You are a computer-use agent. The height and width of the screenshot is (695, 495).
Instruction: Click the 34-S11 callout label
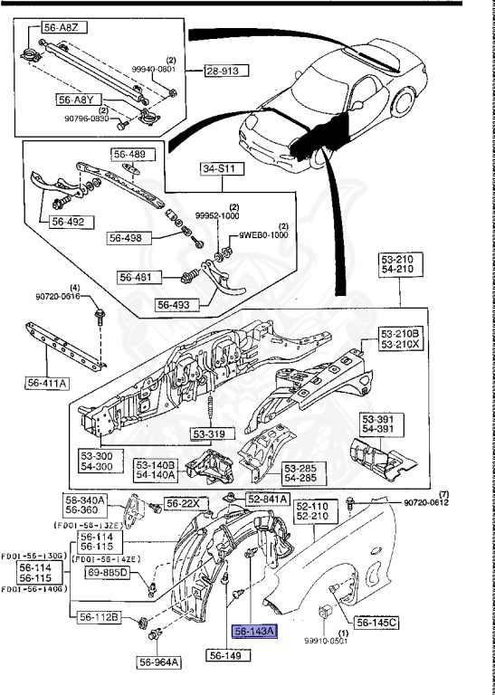(220, 168)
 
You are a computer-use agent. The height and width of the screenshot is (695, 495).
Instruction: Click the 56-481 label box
(139, 276)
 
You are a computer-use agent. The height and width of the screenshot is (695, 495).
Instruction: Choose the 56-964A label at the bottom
(160, 662)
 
